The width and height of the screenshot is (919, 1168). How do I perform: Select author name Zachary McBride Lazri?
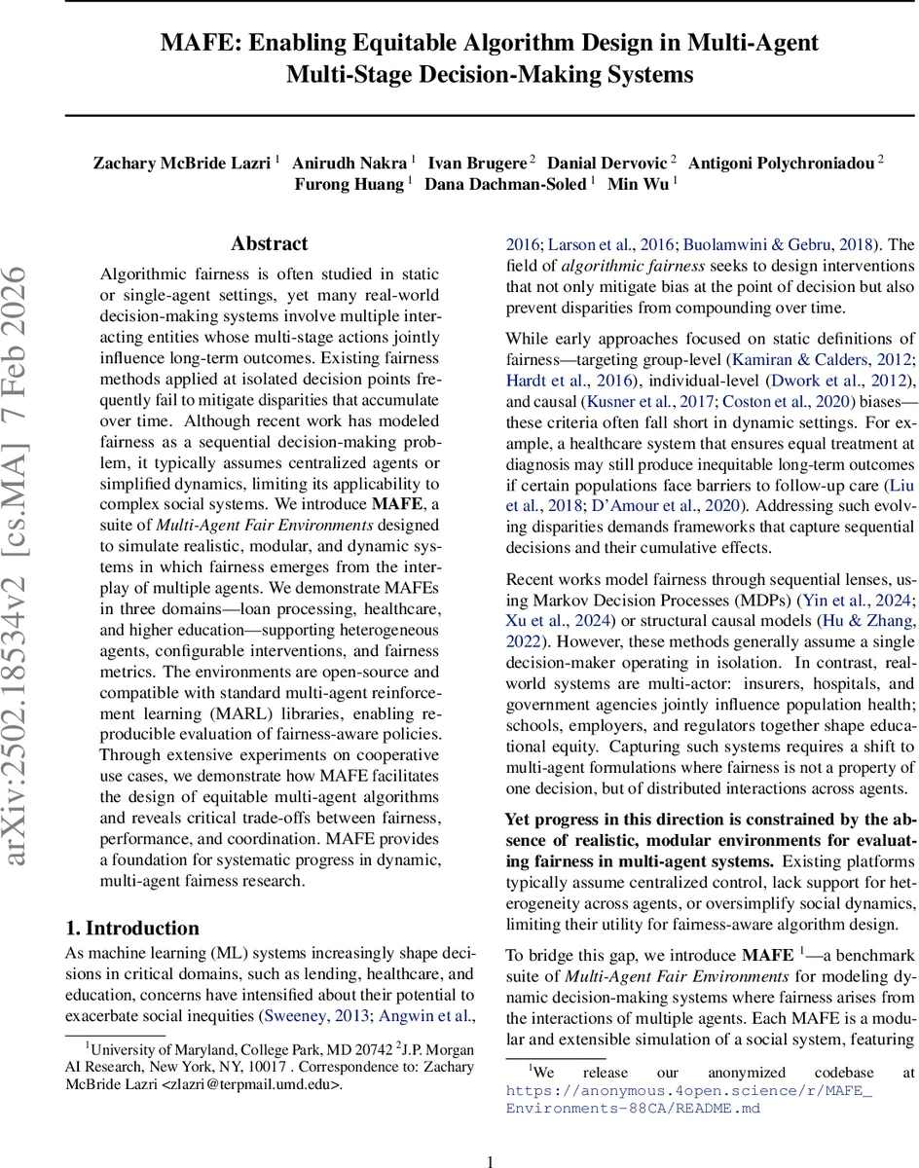(181, 162)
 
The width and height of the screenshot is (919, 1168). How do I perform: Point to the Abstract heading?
(270, 243)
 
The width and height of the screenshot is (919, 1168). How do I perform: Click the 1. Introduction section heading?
(131, 928)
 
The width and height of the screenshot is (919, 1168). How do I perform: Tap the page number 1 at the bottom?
(490, 1160)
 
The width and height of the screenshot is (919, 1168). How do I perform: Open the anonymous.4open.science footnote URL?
(689, 1099)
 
